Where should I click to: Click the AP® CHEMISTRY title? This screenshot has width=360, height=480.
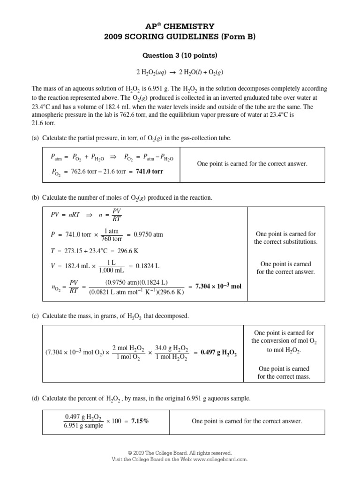180,27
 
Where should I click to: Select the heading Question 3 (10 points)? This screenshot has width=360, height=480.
180,55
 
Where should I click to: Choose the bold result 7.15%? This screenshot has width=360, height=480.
140,421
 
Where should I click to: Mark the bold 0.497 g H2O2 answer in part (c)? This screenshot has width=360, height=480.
218,354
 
